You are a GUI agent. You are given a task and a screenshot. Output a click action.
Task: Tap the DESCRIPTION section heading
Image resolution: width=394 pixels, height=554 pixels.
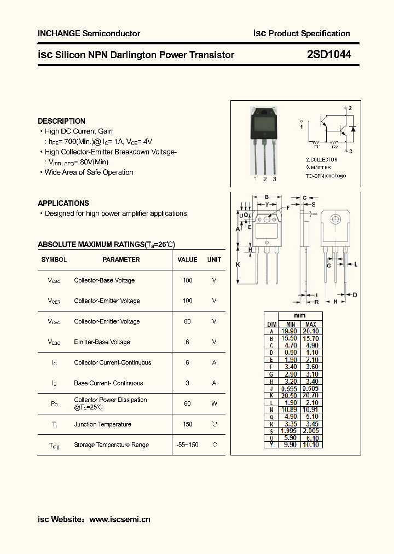61,121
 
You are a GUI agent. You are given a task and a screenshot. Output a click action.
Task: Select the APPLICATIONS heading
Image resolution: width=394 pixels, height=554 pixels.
63,203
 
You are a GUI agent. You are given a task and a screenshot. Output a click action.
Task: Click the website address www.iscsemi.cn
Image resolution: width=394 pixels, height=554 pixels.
119,520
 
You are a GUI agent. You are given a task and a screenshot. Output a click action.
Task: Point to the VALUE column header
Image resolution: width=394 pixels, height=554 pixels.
187,259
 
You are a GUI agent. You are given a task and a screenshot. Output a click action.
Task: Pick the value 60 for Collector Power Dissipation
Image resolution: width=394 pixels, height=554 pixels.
187,403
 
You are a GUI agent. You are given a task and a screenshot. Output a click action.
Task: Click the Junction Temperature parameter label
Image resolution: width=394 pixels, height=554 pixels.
102,424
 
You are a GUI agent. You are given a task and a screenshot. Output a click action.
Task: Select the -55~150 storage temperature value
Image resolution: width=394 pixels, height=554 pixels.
187,445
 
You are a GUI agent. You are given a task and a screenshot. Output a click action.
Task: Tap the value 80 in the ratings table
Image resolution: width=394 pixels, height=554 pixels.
187,321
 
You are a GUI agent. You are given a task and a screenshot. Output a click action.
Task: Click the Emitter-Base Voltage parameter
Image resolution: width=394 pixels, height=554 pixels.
102,342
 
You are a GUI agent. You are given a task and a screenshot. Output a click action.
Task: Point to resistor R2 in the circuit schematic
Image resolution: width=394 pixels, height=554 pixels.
334,143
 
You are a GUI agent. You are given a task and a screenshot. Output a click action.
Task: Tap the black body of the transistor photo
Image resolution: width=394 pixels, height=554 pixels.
264,125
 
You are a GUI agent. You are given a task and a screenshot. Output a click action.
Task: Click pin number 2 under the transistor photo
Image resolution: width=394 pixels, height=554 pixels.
265,179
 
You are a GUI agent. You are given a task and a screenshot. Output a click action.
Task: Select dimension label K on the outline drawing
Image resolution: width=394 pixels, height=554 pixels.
238,264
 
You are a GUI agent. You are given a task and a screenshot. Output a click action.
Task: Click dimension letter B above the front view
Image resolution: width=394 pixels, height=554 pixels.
266,198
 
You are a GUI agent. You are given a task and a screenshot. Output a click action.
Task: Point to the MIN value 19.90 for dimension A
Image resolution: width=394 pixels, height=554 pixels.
289,331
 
